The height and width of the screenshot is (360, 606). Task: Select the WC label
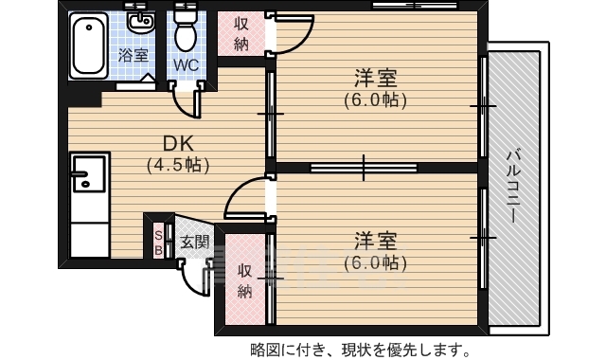[186, 64]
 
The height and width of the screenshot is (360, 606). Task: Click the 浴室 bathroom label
[134, 55]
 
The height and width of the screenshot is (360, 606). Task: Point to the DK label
[178, 143]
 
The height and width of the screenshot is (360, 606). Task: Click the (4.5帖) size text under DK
[178, 164]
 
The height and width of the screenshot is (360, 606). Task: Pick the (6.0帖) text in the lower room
[375, 261]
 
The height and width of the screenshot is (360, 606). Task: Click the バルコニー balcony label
[512, 186]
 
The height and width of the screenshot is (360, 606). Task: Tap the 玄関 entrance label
[195, 242]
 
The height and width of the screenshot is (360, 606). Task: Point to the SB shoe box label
[157, 243]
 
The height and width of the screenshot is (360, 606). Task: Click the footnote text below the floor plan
[359, 348]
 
